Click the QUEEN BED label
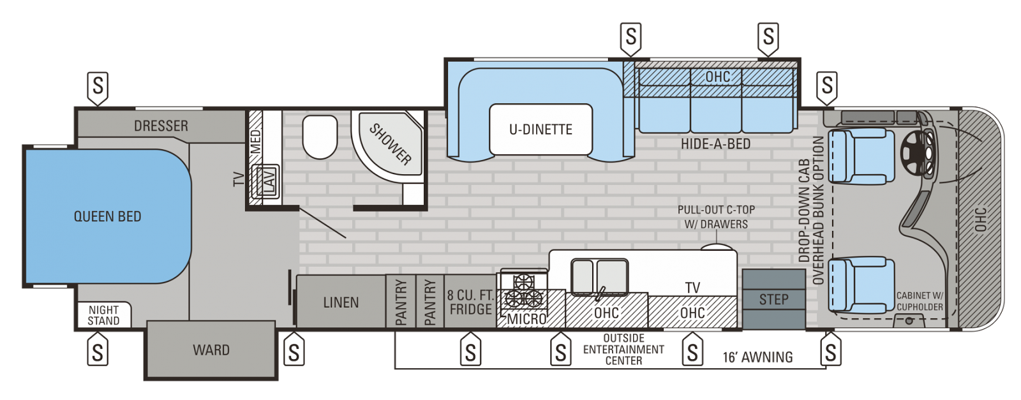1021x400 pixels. click(108, 216)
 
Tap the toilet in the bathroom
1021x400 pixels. click(320, 137)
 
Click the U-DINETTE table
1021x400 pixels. click(541, 130)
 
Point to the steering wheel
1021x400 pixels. click(917, 151)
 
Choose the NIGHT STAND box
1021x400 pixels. click(104, 315)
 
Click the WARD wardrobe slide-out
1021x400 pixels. click(211, 350)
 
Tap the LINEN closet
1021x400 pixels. click(341, 302)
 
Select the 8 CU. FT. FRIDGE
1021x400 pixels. click(470, 302)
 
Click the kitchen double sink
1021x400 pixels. click(600, 276)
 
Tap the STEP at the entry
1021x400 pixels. click(773, 299)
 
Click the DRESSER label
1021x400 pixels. click(161, 126)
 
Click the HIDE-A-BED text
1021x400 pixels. click(715, 144)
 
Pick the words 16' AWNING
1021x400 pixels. click(757, 357)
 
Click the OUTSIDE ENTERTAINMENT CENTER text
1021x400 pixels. click(623, 350)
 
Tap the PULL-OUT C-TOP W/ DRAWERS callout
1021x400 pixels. click(716, 217)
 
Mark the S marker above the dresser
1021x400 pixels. click(98, 88)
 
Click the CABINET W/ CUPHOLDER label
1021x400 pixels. click(920, 302)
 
